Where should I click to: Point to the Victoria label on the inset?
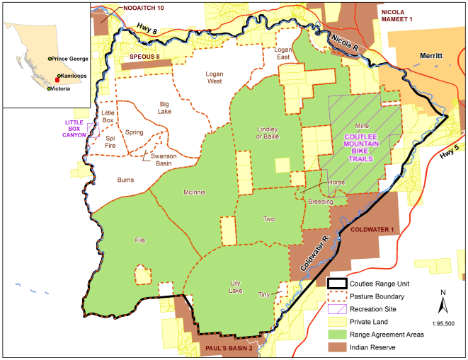pos(66,88)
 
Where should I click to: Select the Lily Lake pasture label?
pos(236,286)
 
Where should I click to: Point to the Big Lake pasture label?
pos(164,108)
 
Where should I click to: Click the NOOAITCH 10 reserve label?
pos(143,8)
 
